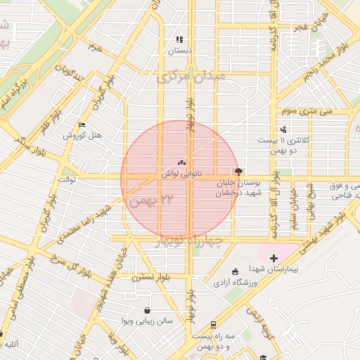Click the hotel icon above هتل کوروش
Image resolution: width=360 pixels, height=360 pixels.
point(82,125)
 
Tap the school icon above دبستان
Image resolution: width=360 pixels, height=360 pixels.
point(179,40)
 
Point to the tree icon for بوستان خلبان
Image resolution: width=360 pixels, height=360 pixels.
point(240,170)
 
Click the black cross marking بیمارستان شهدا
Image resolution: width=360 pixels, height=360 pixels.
point(274,259)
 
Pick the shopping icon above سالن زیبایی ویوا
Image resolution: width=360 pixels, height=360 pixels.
point(146,310)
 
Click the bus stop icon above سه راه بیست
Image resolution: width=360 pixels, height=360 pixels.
point(212,324)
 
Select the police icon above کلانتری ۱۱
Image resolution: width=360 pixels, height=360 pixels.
point(283,129)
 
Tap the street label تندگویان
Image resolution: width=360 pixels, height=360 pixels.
point(70,74)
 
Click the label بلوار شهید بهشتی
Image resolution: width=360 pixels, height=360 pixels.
point(338,226)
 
